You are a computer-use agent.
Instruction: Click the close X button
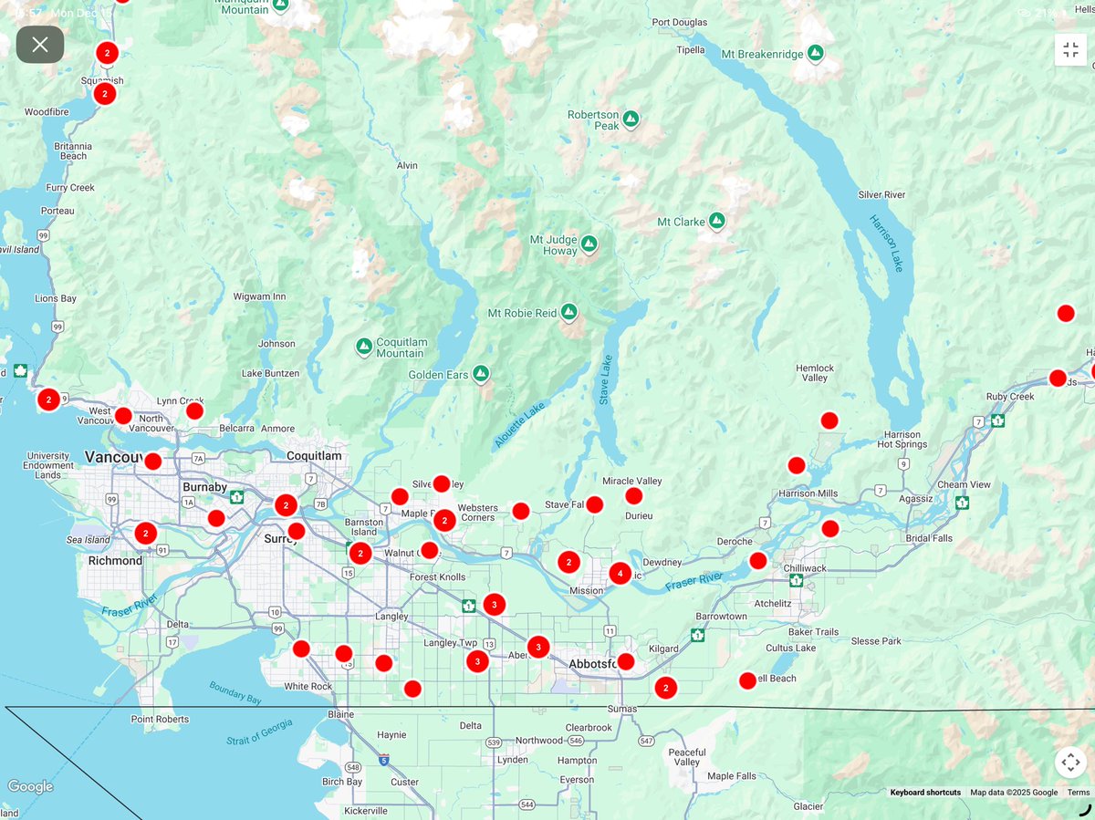(x=40, y=45)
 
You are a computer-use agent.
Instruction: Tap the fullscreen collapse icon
(x=1070, y=50)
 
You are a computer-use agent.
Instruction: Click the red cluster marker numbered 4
(x=620, y=574)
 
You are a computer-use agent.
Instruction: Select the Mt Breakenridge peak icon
(x=815, y=54)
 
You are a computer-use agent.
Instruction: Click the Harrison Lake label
(x=886, y=243)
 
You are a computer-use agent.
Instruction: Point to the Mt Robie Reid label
(x=522, y=313)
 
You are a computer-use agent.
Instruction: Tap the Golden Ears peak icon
(x=481, y=374)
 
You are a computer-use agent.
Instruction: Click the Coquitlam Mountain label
(x=401, y=348)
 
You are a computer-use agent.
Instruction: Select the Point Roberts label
(x=161, y=719)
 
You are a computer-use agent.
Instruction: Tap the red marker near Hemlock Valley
(x=829, y=420)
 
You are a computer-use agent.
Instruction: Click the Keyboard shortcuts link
(x=925, y=793)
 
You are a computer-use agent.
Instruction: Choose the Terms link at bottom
(x=1078, y=793)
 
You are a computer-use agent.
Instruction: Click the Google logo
(x=30, y=786)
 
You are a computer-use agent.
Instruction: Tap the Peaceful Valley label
(x=687, y=757)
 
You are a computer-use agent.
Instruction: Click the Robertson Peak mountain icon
(x=631, y=118)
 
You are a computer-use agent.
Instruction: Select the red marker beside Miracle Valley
(x=633, y=496)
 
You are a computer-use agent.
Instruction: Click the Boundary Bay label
(x=235, y=691)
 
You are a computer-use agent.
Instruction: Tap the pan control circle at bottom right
(x=1070, y=763)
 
